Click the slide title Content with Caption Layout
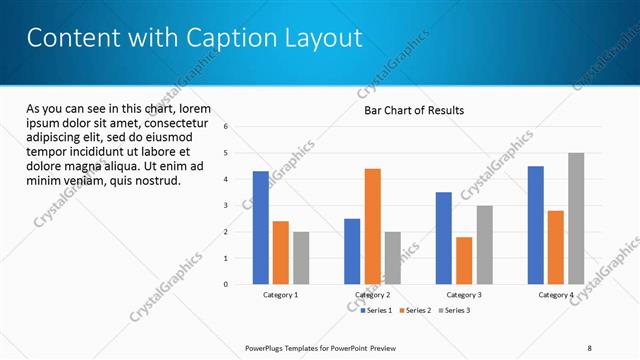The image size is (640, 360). [x=194, y=38]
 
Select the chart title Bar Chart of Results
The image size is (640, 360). [x=413, y=111]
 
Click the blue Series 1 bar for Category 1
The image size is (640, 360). [x=260, y=228]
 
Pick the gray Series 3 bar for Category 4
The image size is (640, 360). [x=576, y=218]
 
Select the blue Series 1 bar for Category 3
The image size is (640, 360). [x=444, y=238]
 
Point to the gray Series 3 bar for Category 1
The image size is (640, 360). [x=301, y=258]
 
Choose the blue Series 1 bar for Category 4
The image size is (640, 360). [x=536, y=225]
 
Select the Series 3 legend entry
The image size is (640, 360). [x=455, y=311]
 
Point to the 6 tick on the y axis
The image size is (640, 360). [x=226, y=127]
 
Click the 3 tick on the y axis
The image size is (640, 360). [x=226, y=206]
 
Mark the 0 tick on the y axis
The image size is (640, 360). [x=226, y=284]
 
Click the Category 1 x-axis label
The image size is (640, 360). [x=280, y=295]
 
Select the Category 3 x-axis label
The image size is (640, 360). [x=464, y=295]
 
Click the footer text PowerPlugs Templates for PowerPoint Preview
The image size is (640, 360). [x=330, y=347]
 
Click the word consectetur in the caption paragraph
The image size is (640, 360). [x=175, y=122]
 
